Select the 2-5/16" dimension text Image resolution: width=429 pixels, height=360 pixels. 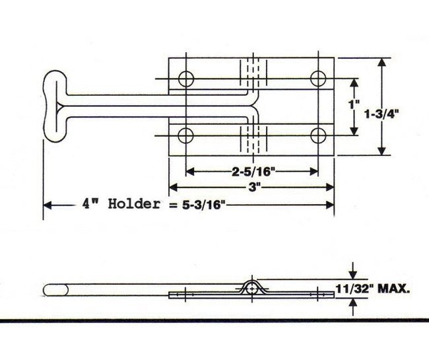(x=252, y=172)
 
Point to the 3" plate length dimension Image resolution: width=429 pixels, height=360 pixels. (x=252, y=188)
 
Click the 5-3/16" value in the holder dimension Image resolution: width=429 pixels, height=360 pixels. (x=197, y=204)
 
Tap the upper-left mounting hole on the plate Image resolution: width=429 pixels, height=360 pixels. (x=185, y=79)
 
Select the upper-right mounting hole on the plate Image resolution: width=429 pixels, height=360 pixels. (x=319, y=79)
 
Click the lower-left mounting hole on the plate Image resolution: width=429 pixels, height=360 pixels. (x=185, y=135)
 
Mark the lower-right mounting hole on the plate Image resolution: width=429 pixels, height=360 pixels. (x=319, y=135)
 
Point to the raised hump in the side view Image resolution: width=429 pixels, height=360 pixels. (x=252, y=285)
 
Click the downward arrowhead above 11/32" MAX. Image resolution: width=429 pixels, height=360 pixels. (x=353, y=273)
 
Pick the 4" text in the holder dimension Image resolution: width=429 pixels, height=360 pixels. (x=90, y=203)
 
